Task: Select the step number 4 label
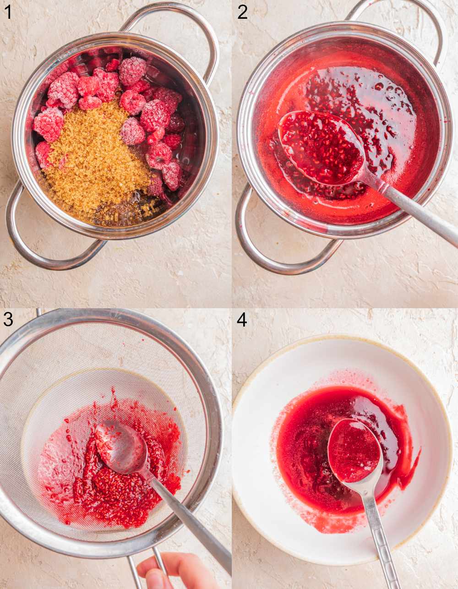point(242,319)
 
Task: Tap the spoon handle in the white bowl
point(378,536)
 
